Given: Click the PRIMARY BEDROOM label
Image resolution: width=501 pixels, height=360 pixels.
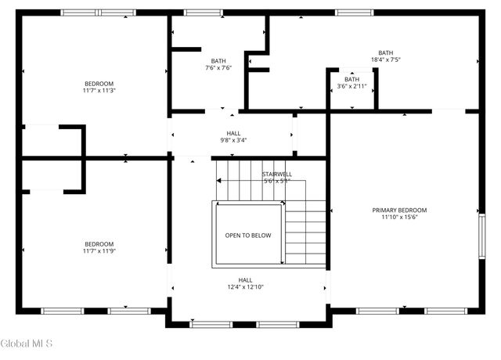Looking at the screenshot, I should pos(399,210).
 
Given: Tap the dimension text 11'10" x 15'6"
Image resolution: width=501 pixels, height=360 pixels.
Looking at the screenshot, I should pos(399,218).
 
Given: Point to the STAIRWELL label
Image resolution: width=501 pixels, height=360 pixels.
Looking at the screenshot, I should pos(276,174).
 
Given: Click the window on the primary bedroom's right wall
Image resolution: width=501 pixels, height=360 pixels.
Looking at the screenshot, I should pos(482,236).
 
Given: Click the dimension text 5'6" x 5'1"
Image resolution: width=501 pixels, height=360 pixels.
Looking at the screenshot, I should pos(276,181).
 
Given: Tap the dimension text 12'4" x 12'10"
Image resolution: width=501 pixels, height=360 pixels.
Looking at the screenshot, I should pos(245,287).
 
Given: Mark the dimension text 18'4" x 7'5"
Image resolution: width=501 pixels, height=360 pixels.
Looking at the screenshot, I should pos(385,59).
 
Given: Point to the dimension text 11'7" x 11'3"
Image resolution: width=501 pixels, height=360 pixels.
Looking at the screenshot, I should pos(99,91).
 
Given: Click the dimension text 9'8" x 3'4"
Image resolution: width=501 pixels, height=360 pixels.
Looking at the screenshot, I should pos(233,141).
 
